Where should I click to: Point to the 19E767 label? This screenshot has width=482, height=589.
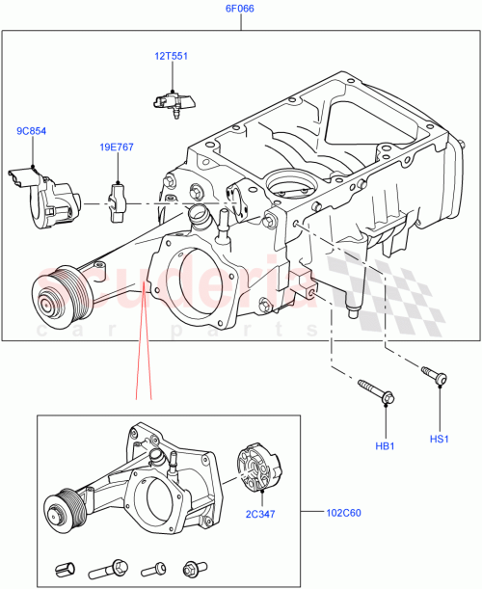118,149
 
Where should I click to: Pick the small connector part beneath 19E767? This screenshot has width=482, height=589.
120,196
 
